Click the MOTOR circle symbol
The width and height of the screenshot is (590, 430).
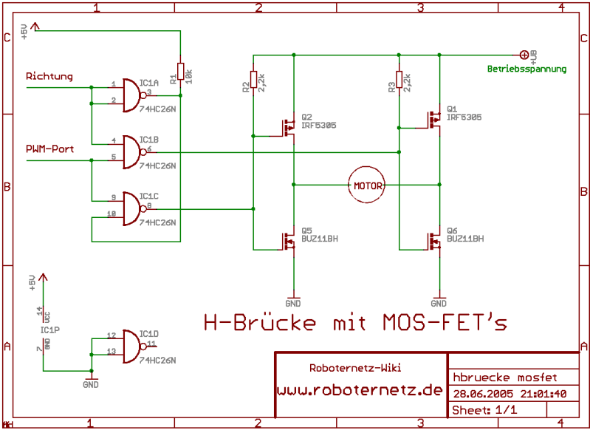pos(368,185)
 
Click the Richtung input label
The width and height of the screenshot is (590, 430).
pos(49,76)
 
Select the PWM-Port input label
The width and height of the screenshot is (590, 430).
pos(49,148)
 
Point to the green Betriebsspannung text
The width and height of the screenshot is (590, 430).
pos(526,69)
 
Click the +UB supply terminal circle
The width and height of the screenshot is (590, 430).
pos(525,54)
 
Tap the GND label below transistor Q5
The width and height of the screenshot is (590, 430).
pos(293,303)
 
